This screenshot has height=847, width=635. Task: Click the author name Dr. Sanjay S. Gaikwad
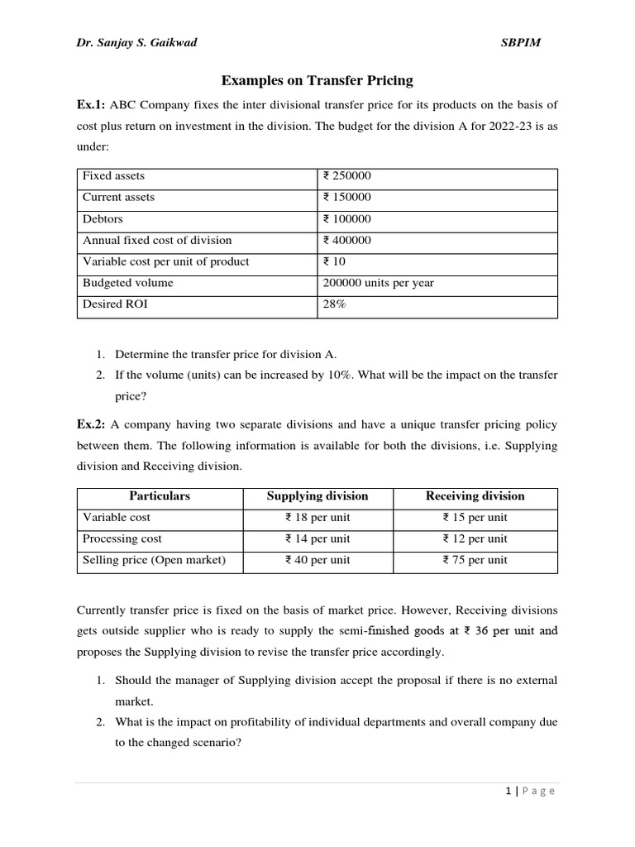click(137, 43)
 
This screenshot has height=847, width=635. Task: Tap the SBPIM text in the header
click(521, 43)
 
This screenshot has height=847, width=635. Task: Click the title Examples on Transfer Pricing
click(317, 80)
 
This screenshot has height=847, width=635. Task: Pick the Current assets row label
click(118, 197)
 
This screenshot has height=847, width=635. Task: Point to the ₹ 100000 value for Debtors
click(347, 218)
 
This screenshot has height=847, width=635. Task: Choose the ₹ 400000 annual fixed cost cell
click(347, 240)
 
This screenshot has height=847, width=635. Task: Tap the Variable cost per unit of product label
click(165, 261)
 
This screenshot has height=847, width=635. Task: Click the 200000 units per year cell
click(378, 283)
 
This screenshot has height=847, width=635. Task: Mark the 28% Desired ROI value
click(334, 304)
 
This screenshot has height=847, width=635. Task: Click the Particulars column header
click(160, 496)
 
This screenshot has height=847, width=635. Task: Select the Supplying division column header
click(317, 496)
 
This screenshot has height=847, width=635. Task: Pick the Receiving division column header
click(475, 496)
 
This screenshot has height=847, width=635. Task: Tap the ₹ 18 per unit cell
click(317, 518)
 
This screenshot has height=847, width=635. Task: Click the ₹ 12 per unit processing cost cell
click(475, 538)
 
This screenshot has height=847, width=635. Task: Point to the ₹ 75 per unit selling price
click(475, 560)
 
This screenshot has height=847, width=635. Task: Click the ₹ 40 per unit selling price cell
click(317, 560)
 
